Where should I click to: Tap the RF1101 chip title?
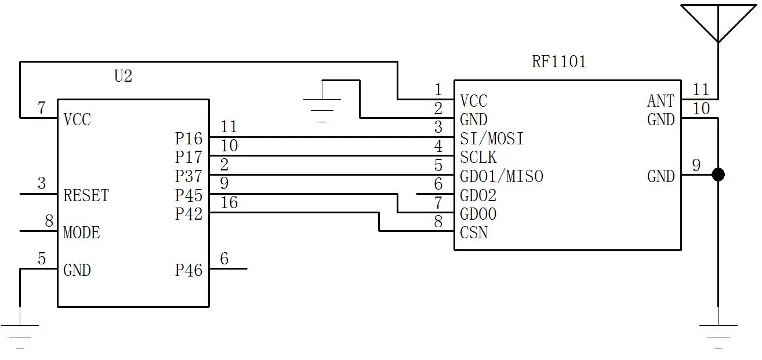coord(558,61)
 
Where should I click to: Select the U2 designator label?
coord(122,76)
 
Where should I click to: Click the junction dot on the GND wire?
coord(718,174)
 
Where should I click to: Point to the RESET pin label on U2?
coord(86,195)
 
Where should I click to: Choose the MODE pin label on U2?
coord(81,232)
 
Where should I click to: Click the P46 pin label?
coord(188,270)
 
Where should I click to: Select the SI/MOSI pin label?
coord(492,139)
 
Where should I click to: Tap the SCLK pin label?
coord(478,158)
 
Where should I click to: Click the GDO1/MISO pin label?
coord(502,176)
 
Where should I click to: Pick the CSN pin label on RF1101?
coord(473,233)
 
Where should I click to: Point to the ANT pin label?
coord(661,101)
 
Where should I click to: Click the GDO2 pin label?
coord(478,195)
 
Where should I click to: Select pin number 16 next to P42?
coord(228,202)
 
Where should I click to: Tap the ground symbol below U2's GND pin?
coord(20,333)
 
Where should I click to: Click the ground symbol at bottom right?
coord(718,333)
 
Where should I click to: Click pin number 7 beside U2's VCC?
coord(41,108)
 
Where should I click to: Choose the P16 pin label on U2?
coord(188,139)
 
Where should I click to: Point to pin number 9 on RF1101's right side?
coord(696,166)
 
